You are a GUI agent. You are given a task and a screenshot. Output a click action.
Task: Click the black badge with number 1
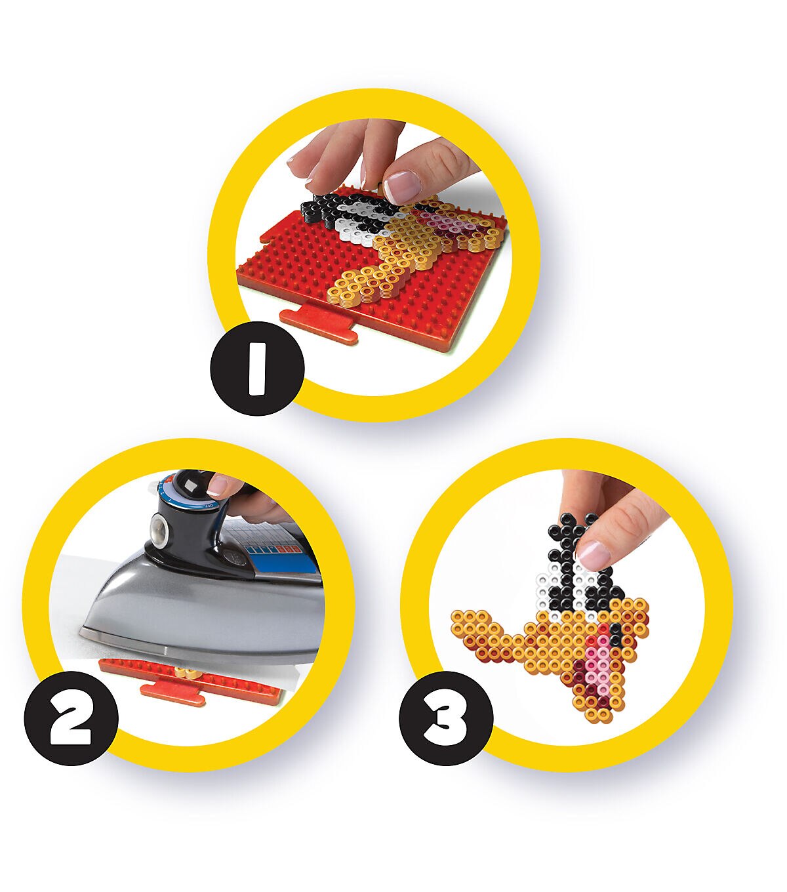(257, 368)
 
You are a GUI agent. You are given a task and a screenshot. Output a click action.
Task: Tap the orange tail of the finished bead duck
(480, 634)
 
